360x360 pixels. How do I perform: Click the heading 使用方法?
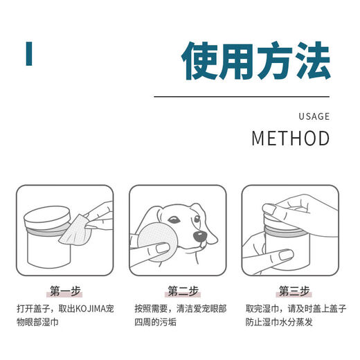click(255, 60)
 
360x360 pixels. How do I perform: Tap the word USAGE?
click(314, 116)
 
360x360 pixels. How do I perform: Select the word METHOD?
click(291, 138)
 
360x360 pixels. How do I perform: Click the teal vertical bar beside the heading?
click(29, 54)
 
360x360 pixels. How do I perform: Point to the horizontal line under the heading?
click(242, 97)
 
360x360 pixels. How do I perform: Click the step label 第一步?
click(65, 291)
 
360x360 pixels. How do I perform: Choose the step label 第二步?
click(183, 291)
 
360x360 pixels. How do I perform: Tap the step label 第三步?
click(294, 291)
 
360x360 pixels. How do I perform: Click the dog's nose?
click(199, 236)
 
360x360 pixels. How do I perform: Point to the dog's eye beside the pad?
click(174, 219)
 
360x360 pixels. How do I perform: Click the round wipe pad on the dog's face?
click(158, 242)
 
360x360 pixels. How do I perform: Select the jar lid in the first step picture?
click(47, 217)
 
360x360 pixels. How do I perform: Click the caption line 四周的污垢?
click(155, 322)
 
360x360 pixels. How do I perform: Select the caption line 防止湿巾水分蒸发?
click(279, 322)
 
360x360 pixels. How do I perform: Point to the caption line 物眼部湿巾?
click(37, 322)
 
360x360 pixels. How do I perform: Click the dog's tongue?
click(203, 245)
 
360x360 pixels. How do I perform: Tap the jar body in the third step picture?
click(287, 251)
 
